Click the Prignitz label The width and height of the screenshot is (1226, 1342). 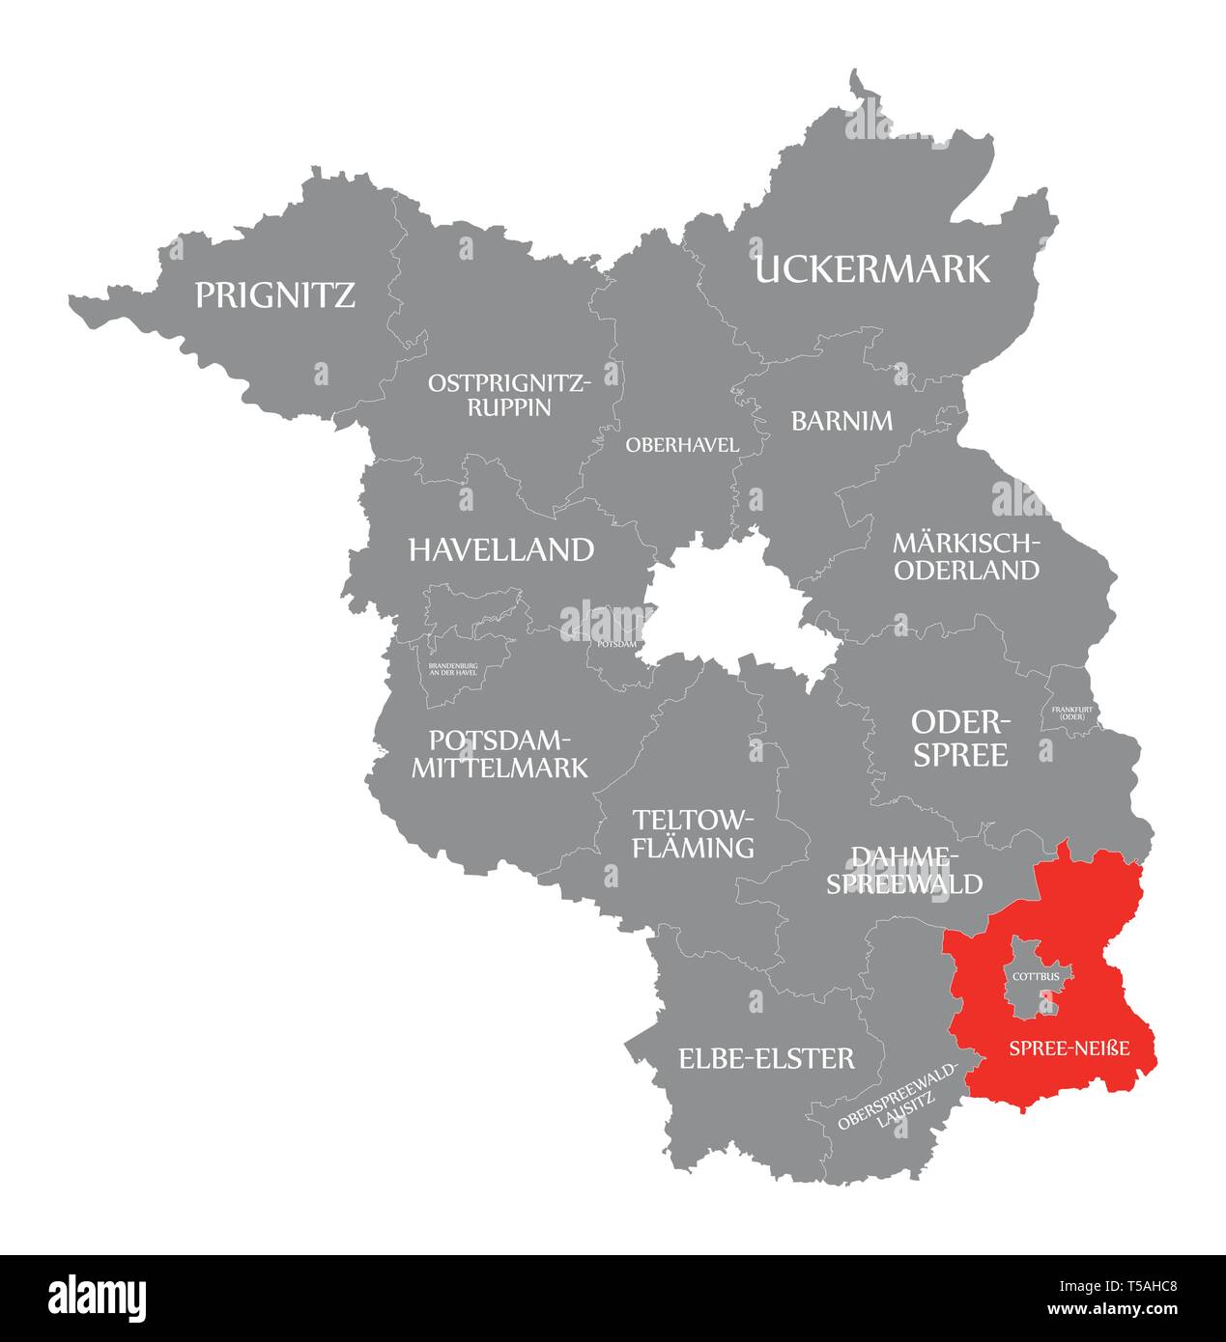(275, 294)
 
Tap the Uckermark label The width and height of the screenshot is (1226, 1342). (872, 269)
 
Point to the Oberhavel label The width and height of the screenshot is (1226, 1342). (682, 445)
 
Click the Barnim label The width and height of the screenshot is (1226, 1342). (841, 421)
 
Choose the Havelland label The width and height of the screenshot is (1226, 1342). (500, 550)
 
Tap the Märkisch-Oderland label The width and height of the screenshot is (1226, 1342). (967, 556)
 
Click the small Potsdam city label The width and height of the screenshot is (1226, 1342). (616, 644)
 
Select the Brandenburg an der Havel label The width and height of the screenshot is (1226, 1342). (453, 669)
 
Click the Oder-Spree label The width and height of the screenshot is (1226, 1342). (960, 739)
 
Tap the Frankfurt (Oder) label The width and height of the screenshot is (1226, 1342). (1069, 713)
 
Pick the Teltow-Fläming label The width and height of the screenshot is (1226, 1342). (692, 833)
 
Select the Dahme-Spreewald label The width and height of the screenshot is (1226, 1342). (903, 870)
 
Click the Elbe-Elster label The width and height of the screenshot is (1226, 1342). (766, 1058)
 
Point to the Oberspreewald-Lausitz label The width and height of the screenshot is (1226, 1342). (898, 1097)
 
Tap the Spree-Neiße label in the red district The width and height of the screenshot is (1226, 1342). (1069, 1048)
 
